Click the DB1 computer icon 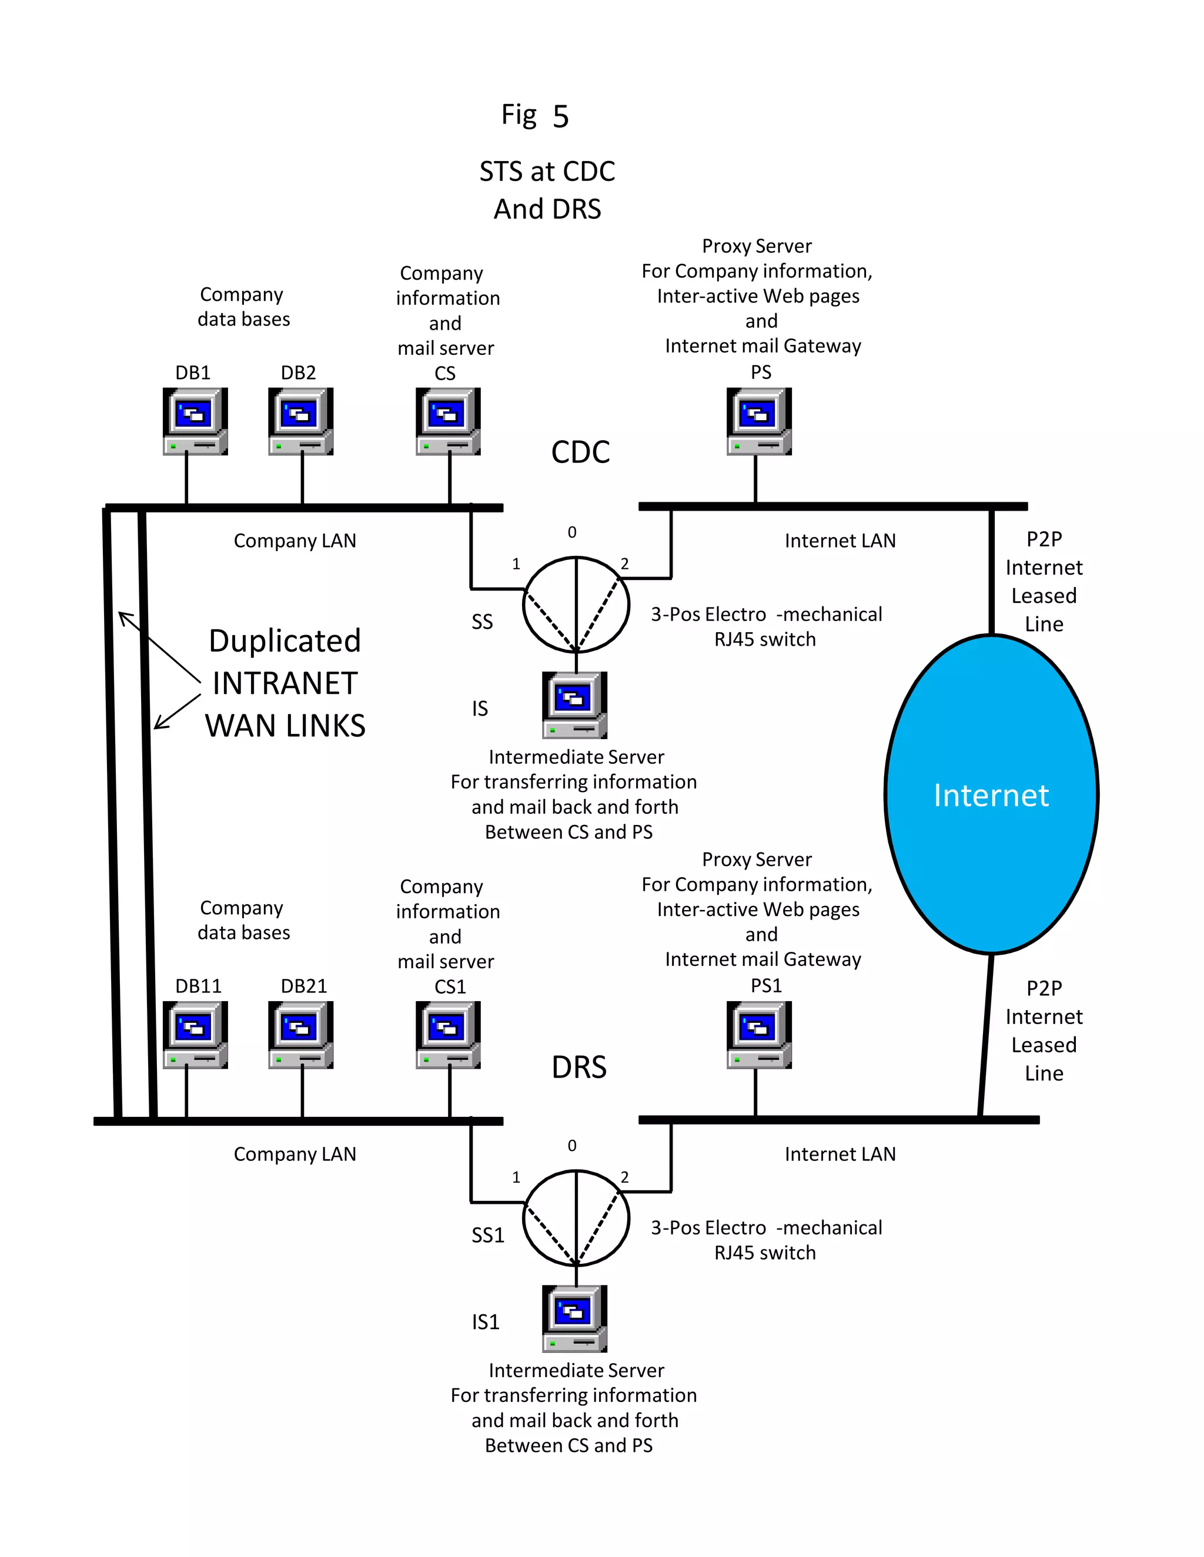[x=195, y=421]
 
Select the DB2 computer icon [x=300, y=421]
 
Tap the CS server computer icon [x=448, y=421]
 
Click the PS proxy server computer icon [x=759, y=421]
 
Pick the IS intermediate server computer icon [x=574, y=704]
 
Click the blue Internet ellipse [x=991, y=794]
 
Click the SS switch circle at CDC [x=576, y=605]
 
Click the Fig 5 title [x=535, y=116]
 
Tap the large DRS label [x=578, y=1067]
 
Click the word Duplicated [x=285, y=641]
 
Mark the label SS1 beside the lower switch [x=487, y=1235]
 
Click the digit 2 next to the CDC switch [x=624, y=564]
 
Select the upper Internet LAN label [x=840, y=541]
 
